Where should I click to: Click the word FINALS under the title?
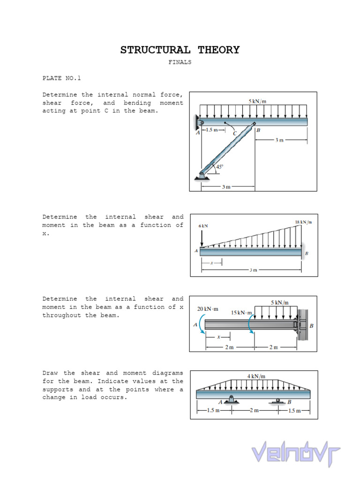180,62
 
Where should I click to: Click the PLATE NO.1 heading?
62,78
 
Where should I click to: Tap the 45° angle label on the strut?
220,166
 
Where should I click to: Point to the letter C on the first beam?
235,133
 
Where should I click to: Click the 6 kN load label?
203,226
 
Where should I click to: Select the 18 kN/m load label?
303,222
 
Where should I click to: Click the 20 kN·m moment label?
208,309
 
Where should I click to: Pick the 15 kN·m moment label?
241,313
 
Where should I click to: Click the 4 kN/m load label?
256,376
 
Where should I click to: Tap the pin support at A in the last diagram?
231,400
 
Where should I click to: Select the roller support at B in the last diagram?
277,401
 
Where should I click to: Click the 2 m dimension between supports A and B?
254,411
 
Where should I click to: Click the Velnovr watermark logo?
296,454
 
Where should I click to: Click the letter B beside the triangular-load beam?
307,254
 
